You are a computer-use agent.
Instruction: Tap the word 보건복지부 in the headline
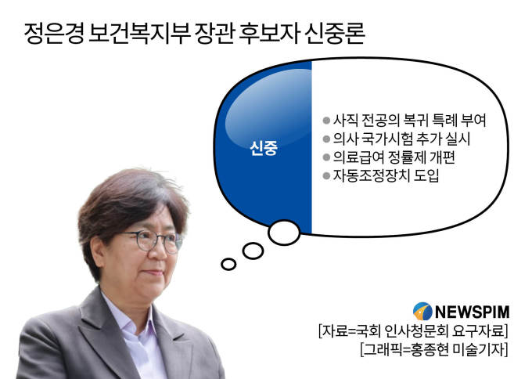(139, 33)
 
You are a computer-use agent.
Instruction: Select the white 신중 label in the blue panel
(264, 148)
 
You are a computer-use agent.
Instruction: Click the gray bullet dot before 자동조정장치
(326, 175)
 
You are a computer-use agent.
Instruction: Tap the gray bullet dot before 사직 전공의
(326, 121)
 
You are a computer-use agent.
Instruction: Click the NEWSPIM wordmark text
(472, 312)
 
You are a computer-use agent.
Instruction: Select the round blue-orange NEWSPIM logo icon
(422, 312)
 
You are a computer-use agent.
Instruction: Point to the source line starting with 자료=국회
(413, 330)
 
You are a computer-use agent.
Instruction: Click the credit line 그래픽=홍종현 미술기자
(434, 349)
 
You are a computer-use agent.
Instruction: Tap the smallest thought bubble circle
(228, 264)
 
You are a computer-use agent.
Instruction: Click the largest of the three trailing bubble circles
(284, 233)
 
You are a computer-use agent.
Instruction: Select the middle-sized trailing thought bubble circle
(253, 251)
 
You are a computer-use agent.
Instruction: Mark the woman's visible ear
(99, 251)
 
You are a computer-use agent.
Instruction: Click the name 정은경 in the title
(54, 33)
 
